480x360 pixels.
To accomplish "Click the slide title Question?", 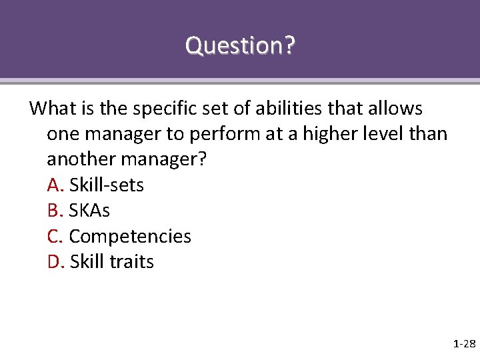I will pos(240,46).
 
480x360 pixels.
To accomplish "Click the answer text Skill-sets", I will pos(107,185).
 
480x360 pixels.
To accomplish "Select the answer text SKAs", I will pos(89,211).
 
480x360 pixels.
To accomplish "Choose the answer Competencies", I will pos(130,237).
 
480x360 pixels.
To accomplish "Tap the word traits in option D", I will pos(131,262).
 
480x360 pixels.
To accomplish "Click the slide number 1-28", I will pos(463,344).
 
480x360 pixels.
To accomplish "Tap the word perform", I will pos(223,135).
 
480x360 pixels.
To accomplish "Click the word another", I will pos(79,159).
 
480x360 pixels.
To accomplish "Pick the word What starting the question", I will pos(54,108).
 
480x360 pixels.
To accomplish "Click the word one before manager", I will pos(62,135).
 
